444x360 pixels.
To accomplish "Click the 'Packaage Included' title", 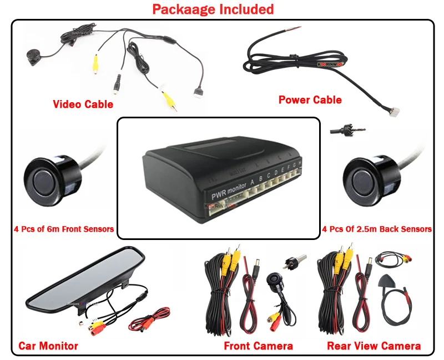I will point(213,9).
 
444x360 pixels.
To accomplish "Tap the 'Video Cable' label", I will point(83,104).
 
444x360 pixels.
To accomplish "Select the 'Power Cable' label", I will point(310,100).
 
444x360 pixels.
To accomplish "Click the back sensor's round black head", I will point(364,179).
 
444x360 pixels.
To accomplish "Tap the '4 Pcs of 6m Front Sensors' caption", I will point(64,229).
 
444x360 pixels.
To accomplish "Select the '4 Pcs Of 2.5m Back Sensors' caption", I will point(377,229).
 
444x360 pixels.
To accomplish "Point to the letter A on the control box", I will point(254,181).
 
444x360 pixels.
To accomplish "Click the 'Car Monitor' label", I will point(48,346).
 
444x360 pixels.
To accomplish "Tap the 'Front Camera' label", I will point(258,346).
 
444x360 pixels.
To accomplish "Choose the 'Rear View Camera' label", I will point(374,346).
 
